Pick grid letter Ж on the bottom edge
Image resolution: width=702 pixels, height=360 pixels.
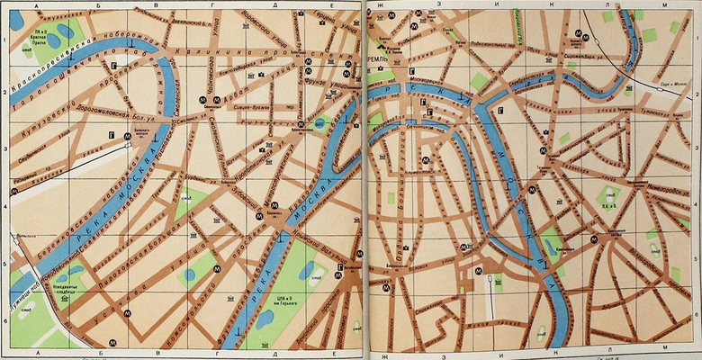click(384, 356)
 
